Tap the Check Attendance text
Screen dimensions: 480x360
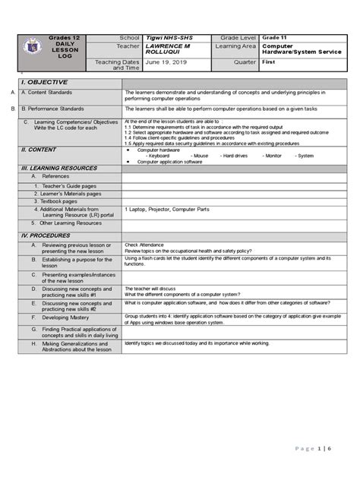144,245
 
